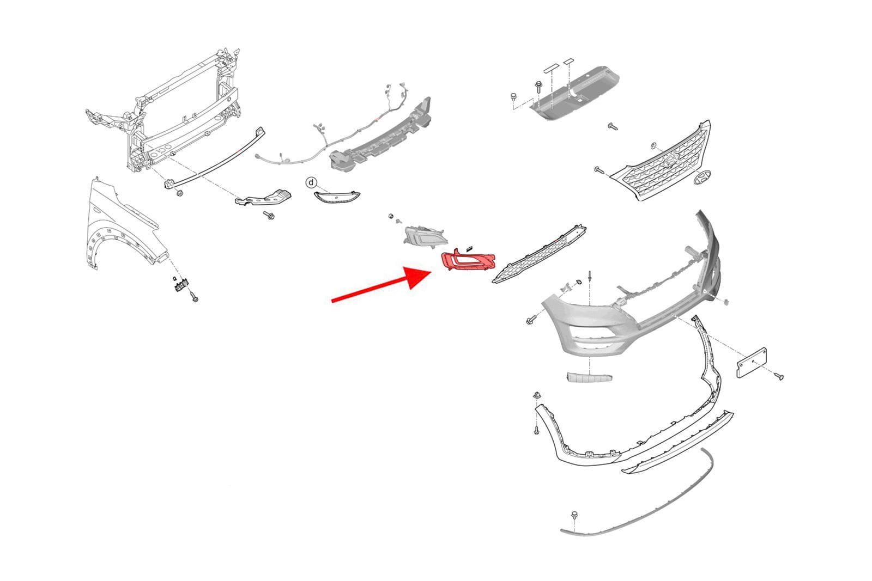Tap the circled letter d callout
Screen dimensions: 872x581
coord(311,182)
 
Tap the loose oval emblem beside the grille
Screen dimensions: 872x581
coord(703,178)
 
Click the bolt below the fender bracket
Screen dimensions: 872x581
coord(194,297)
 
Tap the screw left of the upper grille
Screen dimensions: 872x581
coord(599,170)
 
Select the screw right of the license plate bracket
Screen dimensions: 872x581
coord(779,376)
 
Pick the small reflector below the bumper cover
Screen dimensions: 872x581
coord(589,377)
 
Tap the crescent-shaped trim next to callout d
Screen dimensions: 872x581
coord(337,197)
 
